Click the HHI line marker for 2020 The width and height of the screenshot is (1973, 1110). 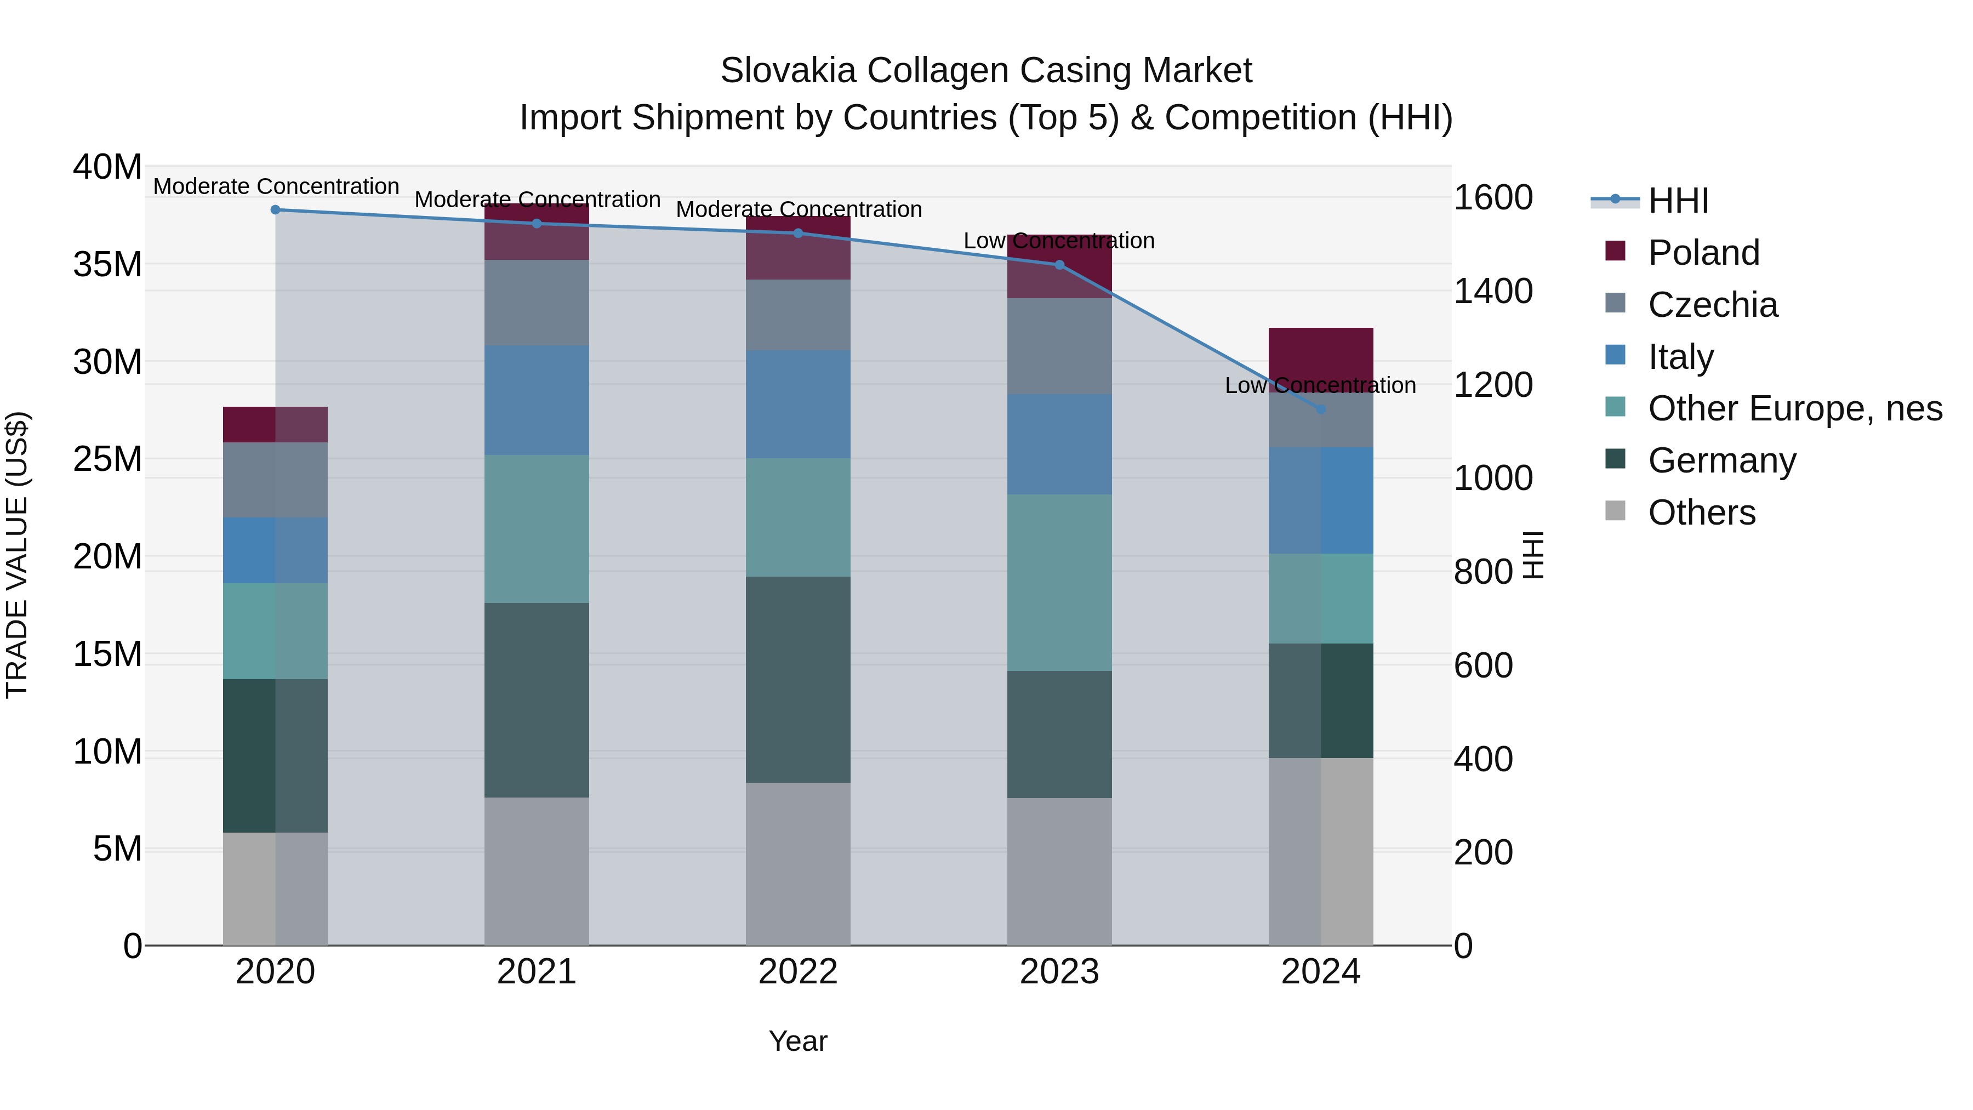(276, 210)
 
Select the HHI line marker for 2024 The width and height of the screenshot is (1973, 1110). (1320, 410)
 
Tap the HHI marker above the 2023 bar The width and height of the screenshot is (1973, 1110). (1059, 265)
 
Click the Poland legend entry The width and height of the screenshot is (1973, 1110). (1703, 253)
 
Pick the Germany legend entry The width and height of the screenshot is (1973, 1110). (1722, 460)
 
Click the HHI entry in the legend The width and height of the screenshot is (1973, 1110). (1678, 201)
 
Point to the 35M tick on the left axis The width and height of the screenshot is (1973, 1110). (107, 264)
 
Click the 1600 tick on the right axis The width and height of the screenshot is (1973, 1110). (1493, 198)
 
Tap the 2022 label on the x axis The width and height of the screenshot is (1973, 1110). (798, 972)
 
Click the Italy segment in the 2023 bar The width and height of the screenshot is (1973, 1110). (1059, 445)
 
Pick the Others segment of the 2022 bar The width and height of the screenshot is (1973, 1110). (798, 864)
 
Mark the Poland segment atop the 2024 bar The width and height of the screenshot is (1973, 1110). (1320, 357)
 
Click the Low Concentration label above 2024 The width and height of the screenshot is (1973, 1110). (1320, 385)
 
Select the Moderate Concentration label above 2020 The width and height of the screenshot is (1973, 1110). (276, 186)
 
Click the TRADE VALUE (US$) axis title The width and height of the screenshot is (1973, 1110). (17, 555)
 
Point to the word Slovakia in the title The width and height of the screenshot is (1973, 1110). (788, 71)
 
